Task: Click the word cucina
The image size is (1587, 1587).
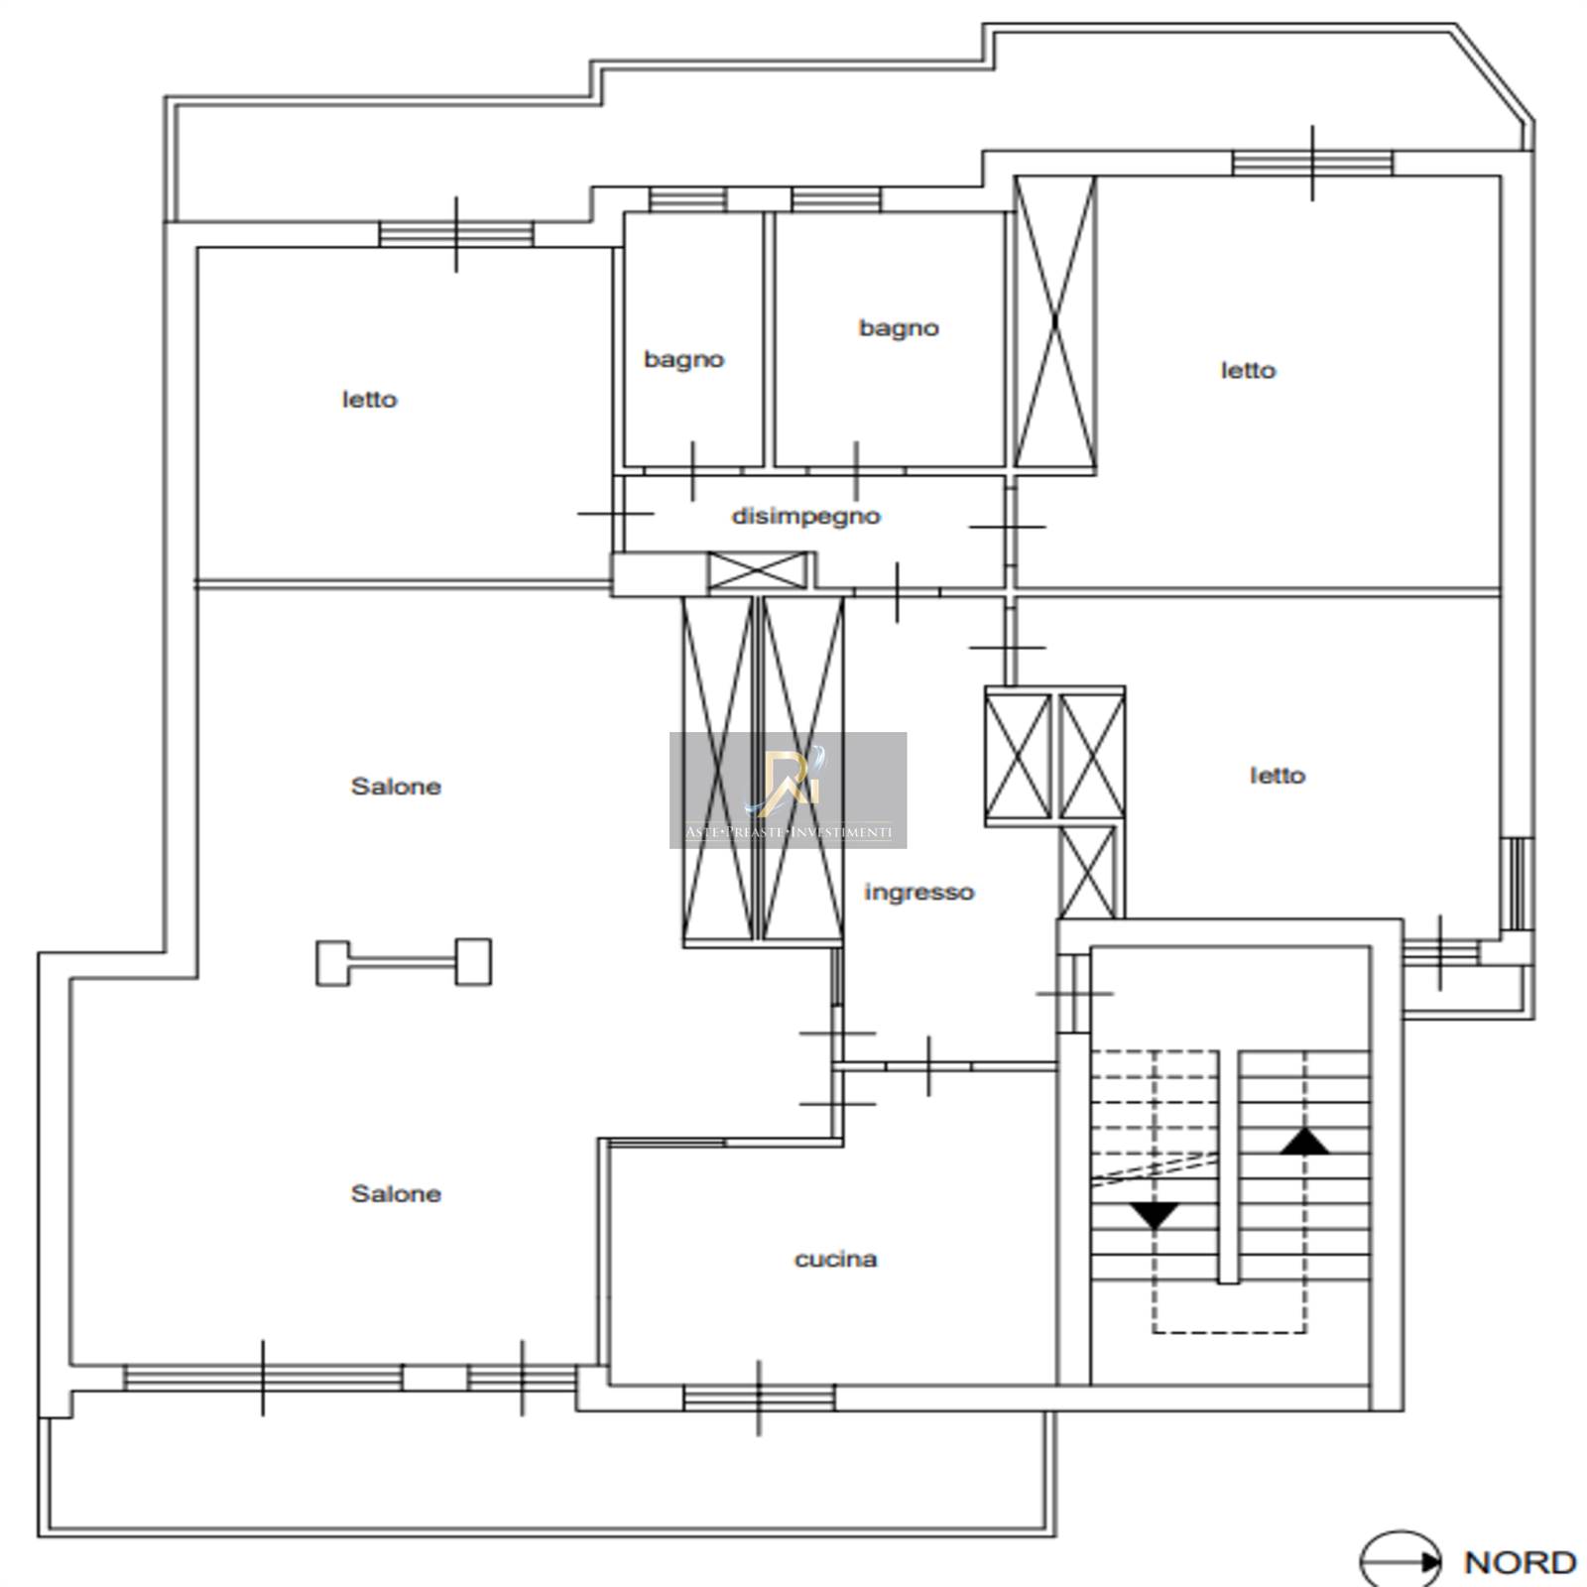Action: click(x=835, y=1259)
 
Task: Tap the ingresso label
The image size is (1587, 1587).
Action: click(x=918, y=893)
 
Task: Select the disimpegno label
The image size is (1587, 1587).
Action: click(x=805, y=516)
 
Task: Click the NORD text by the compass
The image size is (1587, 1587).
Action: click(x=1520, y=1562)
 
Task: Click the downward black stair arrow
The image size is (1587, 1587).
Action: click(x=1155, y=1216)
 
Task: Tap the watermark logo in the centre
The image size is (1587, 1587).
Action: click(x=788, y=790)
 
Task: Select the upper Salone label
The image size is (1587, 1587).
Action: click(x=396, y=787)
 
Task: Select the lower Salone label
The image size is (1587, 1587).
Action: click(x=396, y=1193)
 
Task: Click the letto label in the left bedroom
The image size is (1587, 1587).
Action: click(x=369, y=399)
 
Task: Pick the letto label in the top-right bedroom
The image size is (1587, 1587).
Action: click(x=1248, y=370)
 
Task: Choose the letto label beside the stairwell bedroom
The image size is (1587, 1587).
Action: click(x=1278, y=775)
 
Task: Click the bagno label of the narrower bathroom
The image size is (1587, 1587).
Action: click(x=683, y=359)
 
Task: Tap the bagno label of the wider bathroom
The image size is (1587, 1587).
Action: click(x=899, y=328)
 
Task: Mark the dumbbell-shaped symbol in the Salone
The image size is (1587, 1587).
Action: click(x=404, y=962)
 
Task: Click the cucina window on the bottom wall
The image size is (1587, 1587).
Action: click(x=759, y=1398)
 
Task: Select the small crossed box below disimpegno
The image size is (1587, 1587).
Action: click(x=758, y=571)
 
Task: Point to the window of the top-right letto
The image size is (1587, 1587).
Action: click(x=1312, y=163)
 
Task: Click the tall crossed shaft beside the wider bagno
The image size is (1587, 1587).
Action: click(x=1055, y=322)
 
